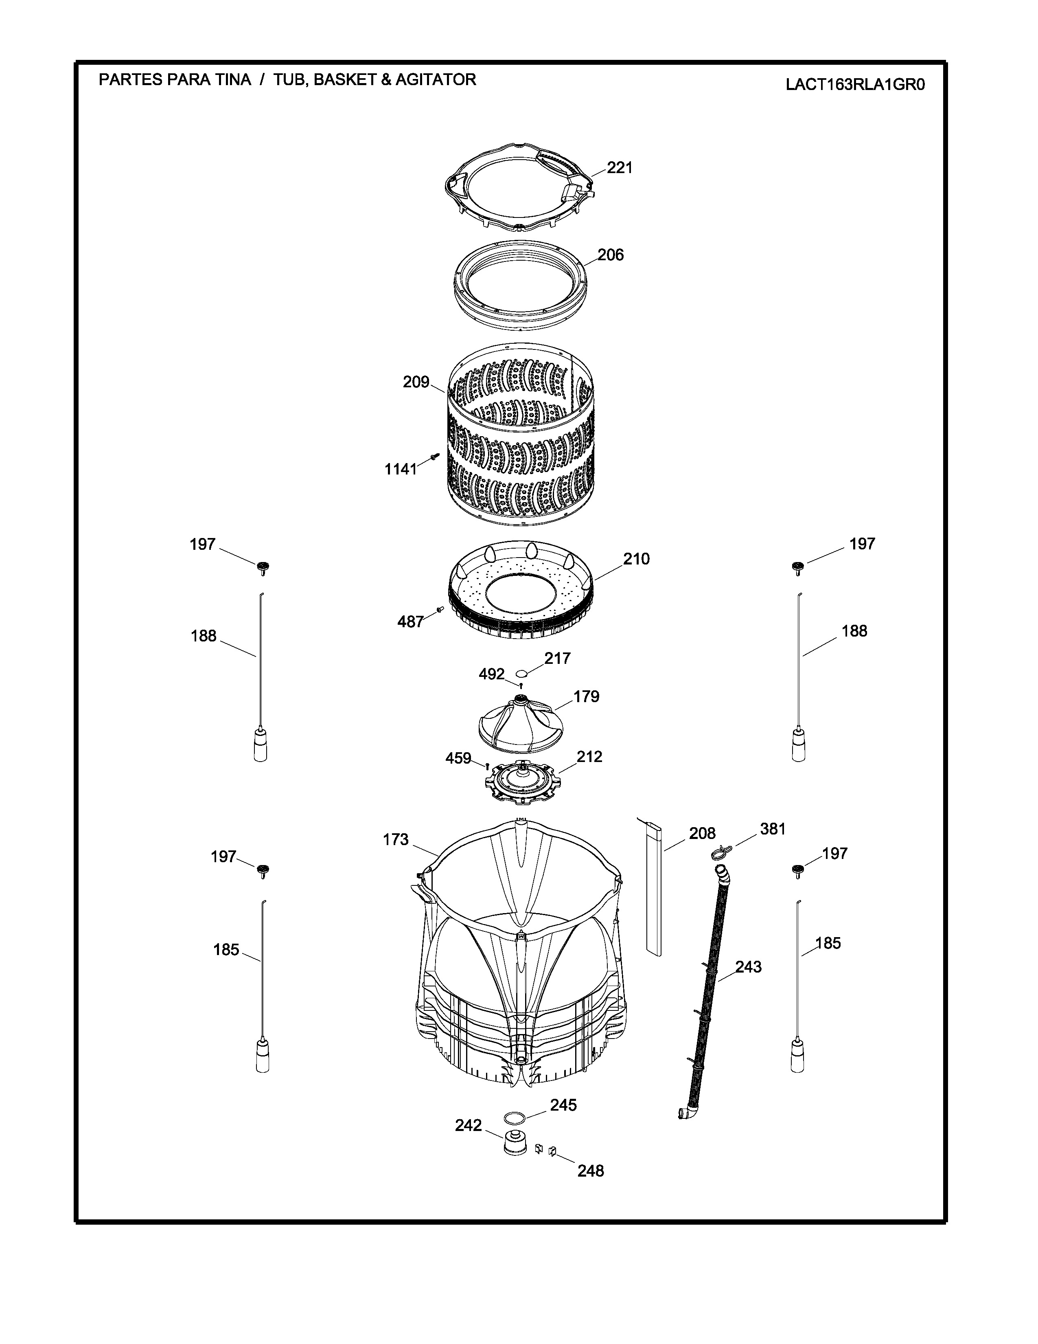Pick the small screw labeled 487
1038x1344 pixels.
pos(440,608)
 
